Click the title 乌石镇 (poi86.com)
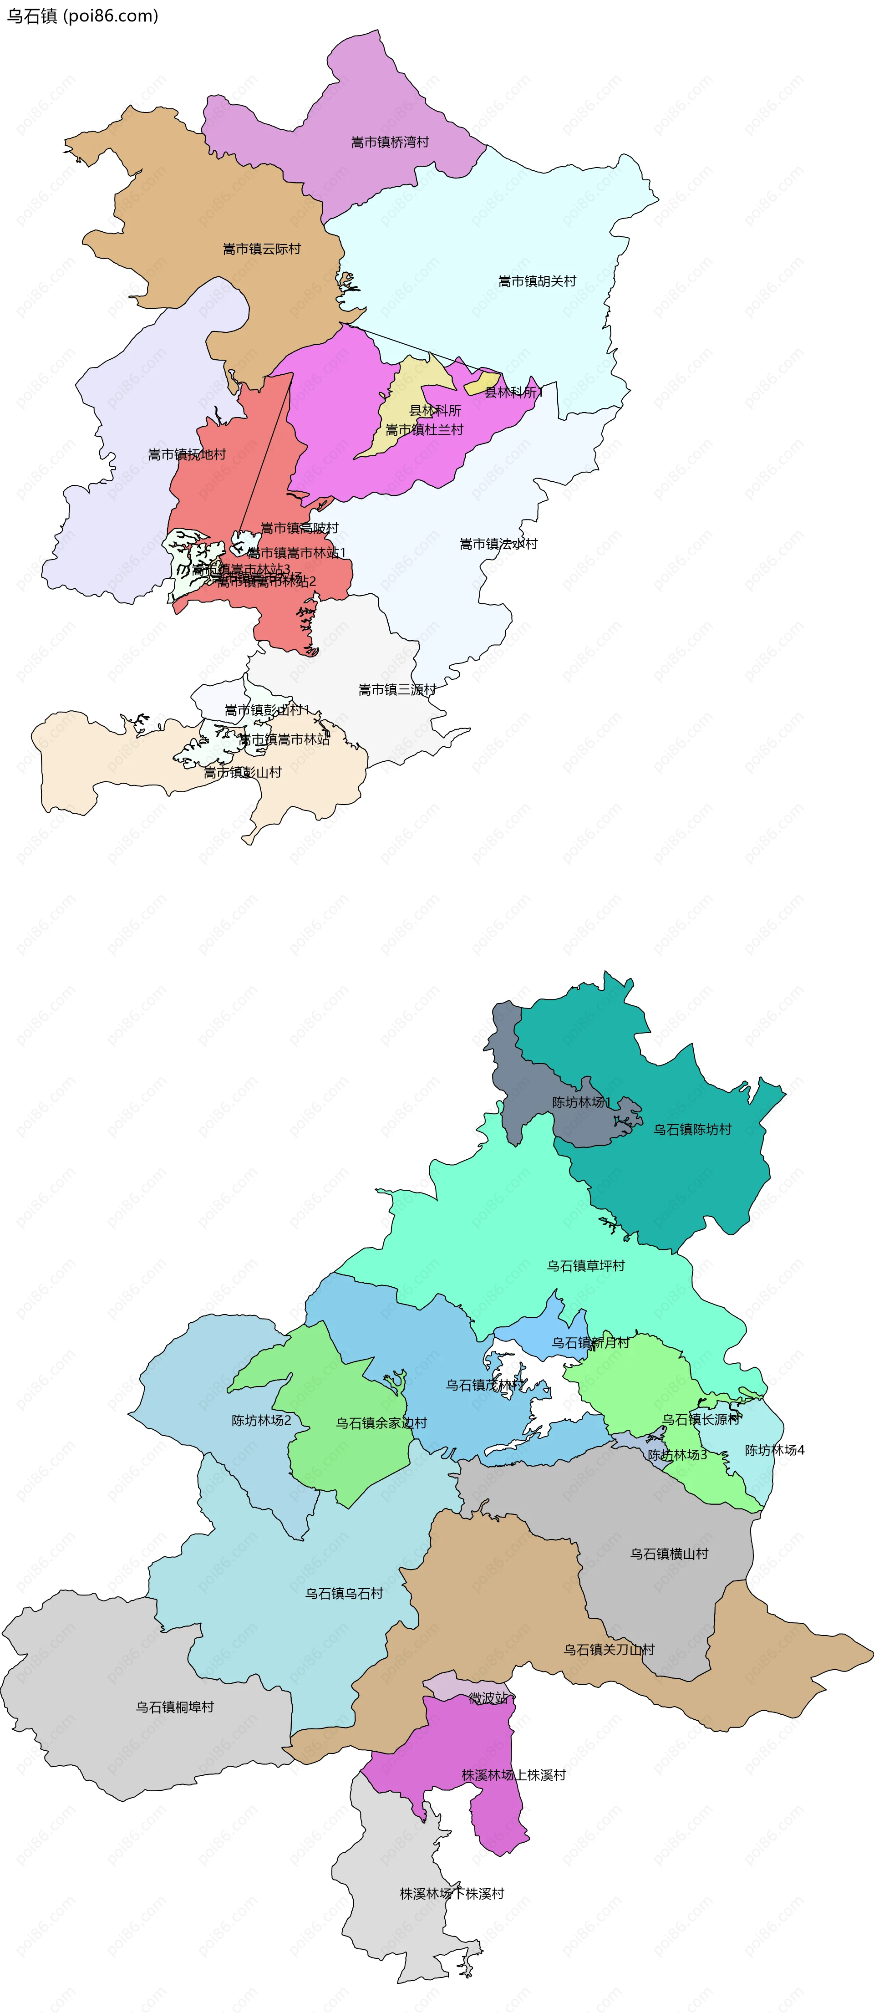point(82,15)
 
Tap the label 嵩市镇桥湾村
point(390,142)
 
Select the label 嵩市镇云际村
point(262,249)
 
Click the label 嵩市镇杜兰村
point(424,430)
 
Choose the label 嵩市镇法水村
point(498,544)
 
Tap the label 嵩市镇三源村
point(397,689)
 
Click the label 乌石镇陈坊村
point(692,1129)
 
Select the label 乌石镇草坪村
point(586,1266)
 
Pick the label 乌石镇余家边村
point(381,1423)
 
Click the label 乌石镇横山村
point(669,1554)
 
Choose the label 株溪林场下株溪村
point(452,1893)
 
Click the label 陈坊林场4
point(774,1450)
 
